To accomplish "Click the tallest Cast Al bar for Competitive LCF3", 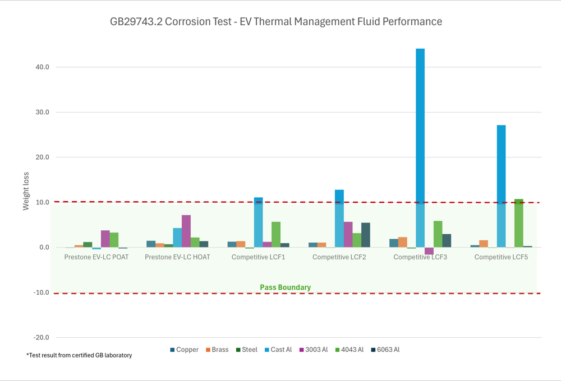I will click(420, 146).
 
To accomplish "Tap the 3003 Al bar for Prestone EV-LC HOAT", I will click(186, 231).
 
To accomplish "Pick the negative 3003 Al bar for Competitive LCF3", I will click(429, 251).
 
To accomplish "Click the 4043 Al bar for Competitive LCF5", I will click(518, 223).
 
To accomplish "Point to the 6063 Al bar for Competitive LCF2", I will click(366, 235).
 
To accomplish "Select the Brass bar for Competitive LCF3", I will click(402, 242).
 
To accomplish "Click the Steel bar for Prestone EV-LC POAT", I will click(88, 245).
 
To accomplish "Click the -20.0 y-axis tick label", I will click(41, 338).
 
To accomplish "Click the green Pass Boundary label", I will click(285, 287).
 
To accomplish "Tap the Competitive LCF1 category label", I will click(258, 257).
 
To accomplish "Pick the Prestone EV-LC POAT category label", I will click(96, 257).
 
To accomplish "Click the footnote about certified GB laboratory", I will click(79, 355).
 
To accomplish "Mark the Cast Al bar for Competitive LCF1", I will click(258, 222).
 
